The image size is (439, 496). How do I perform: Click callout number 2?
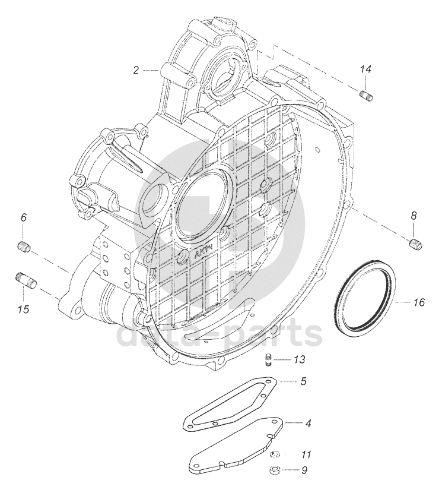[x=136, y=70]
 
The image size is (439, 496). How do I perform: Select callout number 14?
[x=366, y=69]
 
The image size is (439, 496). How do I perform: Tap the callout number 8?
[x=413, y=216]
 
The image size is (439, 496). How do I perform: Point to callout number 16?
[x=419, y=302]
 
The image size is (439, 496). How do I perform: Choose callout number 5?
[x=303, y=381]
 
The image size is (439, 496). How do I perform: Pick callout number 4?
[x=308, y=423]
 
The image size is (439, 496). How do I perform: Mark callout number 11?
[x=306, y=455]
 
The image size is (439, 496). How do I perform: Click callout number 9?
[x=304, y=470]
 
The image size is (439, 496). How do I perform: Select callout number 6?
[x=24, y=217]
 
